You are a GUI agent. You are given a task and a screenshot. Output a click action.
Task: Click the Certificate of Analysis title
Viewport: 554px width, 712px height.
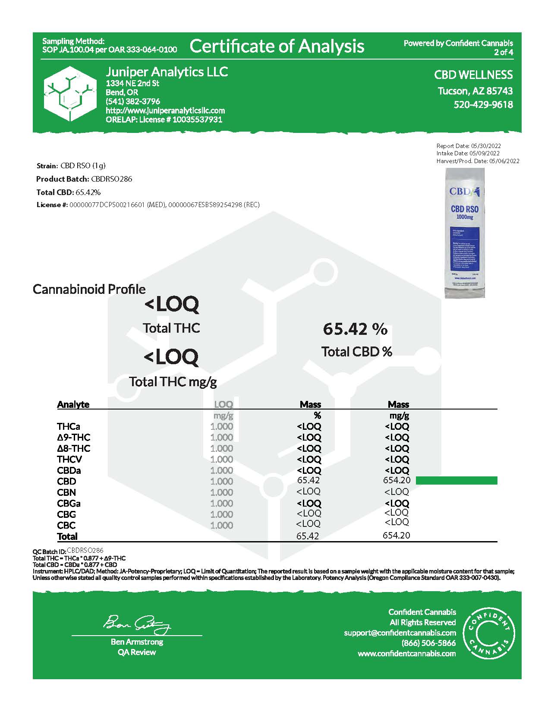pyautogui.click(x=277, y=46)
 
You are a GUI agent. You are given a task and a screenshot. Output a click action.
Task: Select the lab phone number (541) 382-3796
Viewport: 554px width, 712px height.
pyautogui.click(x=133, y=101)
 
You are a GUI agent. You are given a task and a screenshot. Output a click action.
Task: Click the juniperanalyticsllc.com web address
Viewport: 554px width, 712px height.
pyautogui.click(x=165, y=110)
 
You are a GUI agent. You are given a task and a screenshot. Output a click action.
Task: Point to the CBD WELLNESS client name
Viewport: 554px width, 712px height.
pyautogui.click(x=473, y=75)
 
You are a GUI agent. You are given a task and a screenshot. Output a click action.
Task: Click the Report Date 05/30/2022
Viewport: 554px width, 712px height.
pyautogui.click(x=469, y=146)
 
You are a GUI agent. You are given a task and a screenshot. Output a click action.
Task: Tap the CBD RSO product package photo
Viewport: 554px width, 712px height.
pyautogui.click(x=464, y=233)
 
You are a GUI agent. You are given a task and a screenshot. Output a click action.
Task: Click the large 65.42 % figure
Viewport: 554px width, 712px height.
pyautogui.click(x=355, y=329)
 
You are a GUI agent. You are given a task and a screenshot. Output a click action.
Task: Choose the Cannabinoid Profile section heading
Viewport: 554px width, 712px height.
pyautogui.click(x=89, y=289)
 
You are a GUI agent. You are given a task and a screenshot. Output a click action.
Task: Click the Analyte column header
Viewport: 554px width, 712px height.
pyautogui.click(x=73, y=404)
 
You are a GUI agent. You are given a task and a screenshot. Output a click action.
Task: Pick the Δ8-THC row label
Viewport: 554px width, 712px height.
pyautogui.click(x=74, y=448)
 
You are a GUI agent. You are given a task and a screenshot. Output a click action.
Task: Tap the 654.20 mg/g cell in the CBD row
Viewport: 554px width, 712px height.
pyautogui.click(x=397, y=480)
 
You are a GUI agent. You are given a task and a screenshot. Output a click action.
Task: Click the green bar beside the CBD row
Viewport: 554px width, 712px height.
pyautogui.click(x=456, y=480)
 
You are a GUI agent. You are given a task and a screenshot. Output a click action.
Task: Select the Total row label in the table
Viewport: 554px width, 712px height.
pyautogui.click(x=67, y=536)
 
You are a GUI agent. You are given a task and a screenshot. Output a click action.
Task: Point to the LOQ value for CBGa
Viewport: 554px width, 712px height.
pyautogui.click(x=221, y=503)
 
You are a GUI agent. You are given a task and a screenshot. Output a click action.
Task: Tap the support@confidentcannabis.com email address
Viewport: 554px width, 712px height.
pyautogui.click(x=400, y=633)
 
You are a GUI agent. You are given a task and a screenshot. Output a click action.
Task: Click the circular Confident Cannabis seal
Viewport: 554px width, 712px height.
pyautogui.click(x=488, y=633)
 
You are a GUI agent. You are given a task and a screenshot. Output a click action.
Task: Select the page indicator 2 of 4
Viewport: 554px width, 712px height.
pyautogui.click(x=504, y=53)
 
